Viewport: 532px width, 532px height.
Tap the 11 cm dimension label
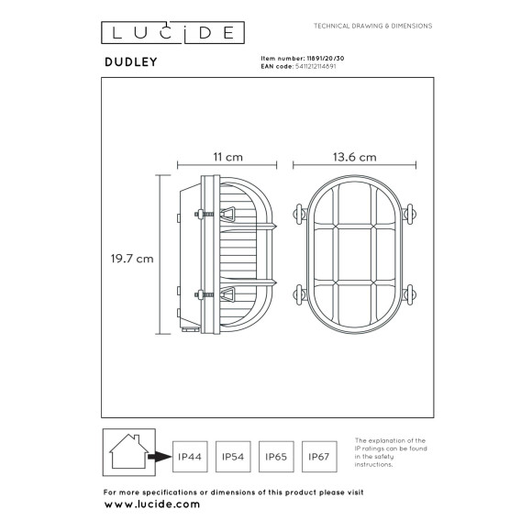(216, 157)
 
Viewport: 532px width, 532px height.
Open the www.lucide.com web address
(150, 504)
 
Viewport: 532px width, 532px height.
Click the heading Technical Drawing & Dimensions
(372, 27)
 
